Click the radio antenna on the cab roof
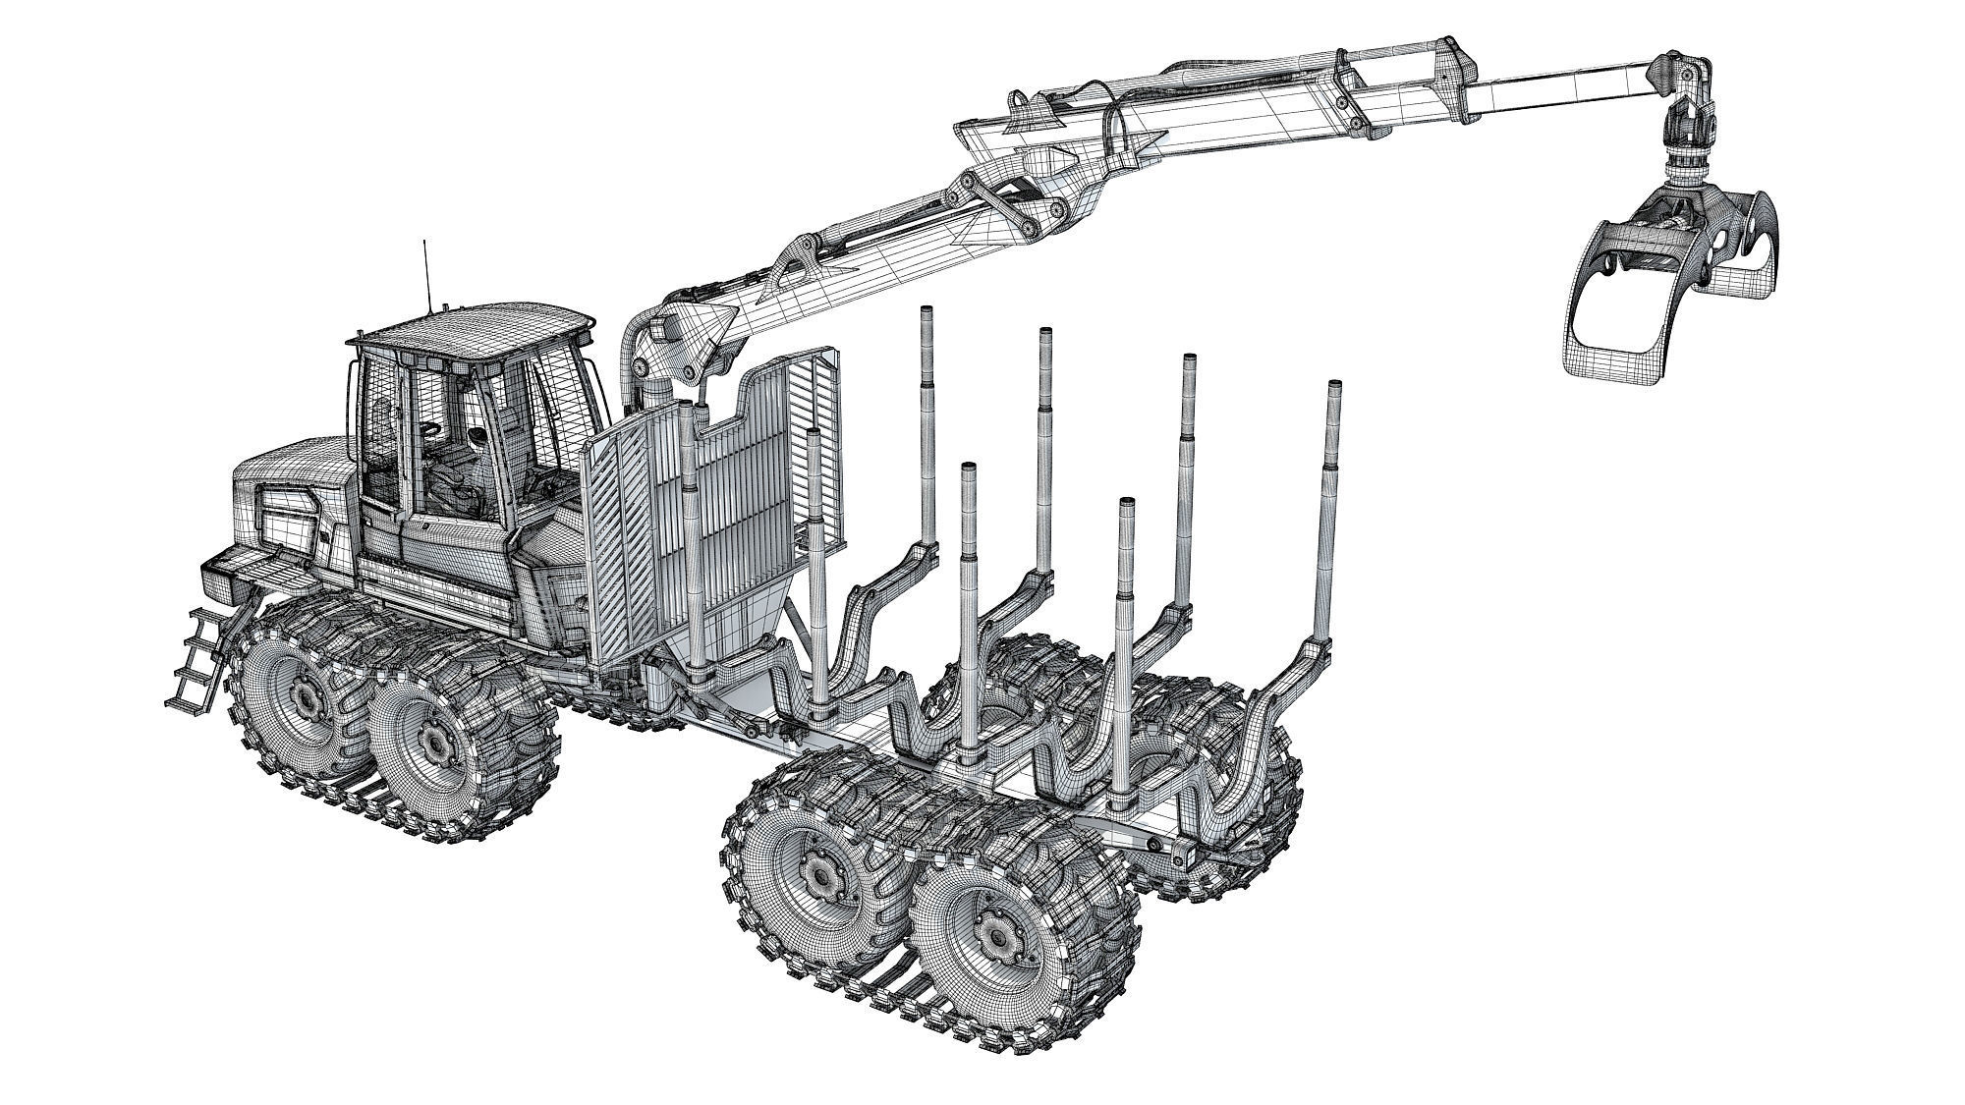(424, 275)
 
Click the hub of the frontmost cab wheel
(307, 695)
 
